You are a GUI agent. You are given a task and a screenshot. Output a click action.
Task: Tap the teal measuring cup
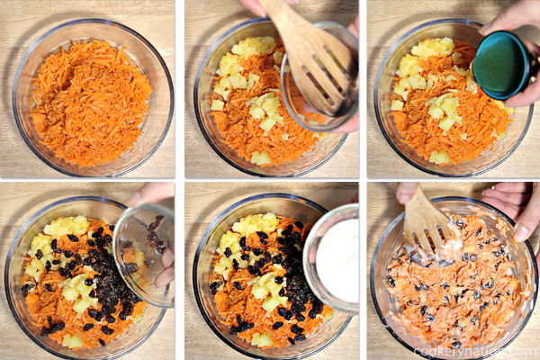click(x=501, y=65)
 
